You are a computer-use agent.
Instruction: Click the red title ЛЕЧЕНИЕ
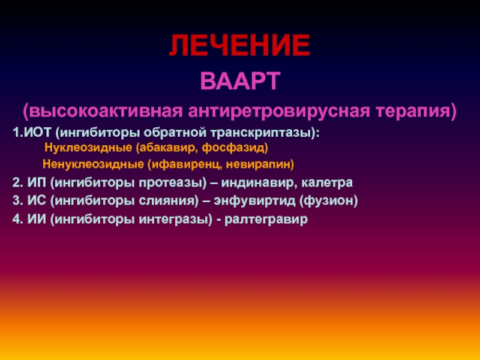pos(239,46)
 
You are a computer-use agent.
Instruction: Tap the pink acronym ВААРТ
pos(241,81)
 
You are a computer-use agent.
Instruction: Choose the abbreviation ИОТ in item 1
pos(37,133)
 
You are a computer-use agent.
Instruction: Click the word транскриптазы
pos(262,133)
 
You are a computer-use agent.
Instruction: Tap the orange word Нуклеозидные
pos(88,148)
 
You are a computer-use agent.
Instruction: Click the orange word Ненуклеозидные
pos(93,164)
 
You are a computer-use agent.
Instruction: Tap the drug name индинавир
pos(258,182)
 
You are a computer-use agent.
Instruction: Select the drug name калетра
pos(327,183)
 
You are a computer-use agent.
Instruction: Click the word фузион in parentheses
pos(328,202)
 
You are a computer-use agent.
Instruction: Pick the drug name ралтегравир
pos(266,220)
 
